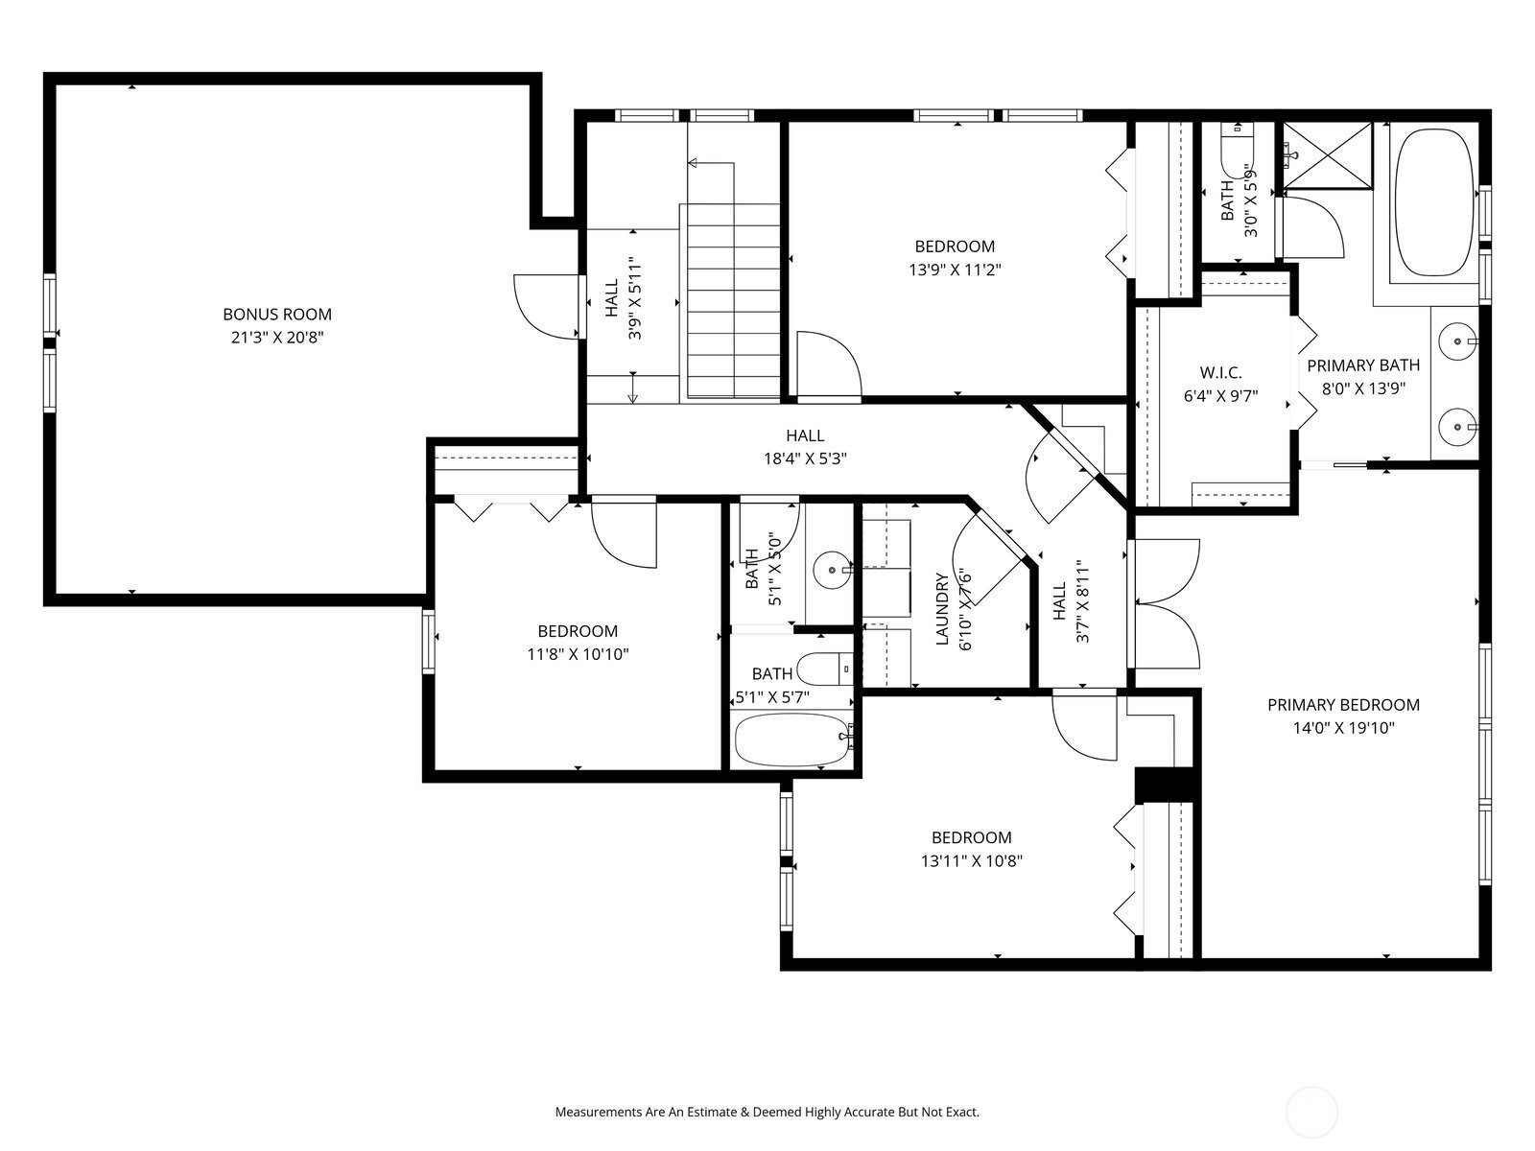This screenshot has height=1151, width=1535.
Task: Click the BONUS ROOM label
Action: click(x=277, y=315)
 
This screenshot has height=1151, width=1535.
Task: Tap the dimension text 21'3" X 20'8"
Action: click(x=277, y=338)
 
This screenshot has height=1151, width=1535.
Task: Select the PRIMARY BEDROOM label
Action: click(x=1343, y=705)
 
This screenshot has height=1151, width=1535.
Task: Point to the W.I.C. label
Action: click(x=1220, y=372)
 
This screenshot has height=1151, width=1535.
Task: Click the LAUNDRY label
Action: click(x=941, y=609)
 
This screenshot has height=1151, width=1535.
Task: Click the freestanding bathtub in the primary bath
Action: click(x=1433, y=202)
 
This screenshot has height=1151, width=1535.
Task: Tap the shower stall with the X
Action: click(x=1328, y=155)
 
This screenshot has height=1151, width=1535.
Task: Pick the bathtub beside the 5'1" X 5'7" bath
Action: click(x=793, y=740)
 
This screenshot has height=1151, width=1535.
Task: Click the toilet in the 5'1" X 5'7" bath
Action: click(x=825, y=669)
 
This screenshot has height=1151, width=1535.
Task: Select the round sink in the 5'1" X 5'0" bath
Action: click(x=832, y=570)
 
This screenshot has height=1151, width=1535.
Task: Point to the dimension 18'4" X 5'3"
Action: click(x=805, y=459)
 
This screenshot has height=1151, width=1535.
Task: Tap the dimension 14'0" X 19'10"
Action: click(x=1343, y=728)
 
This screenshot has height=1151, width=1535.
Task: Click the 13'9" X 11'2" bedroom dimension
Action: click(x=955, y=270)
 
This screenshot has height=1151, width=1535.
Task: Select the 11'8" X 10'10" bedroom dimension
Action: click(x=578, y=655)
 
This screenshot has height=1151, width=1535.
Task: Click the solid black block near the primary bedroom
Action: click(x=1164, y=785)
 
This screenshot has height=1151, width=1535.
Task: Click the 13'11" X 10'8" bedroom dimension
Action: click(x=971, y=861)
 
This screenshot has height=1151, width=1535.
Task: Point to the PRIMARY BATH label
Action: click(x=1363, y=365)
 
